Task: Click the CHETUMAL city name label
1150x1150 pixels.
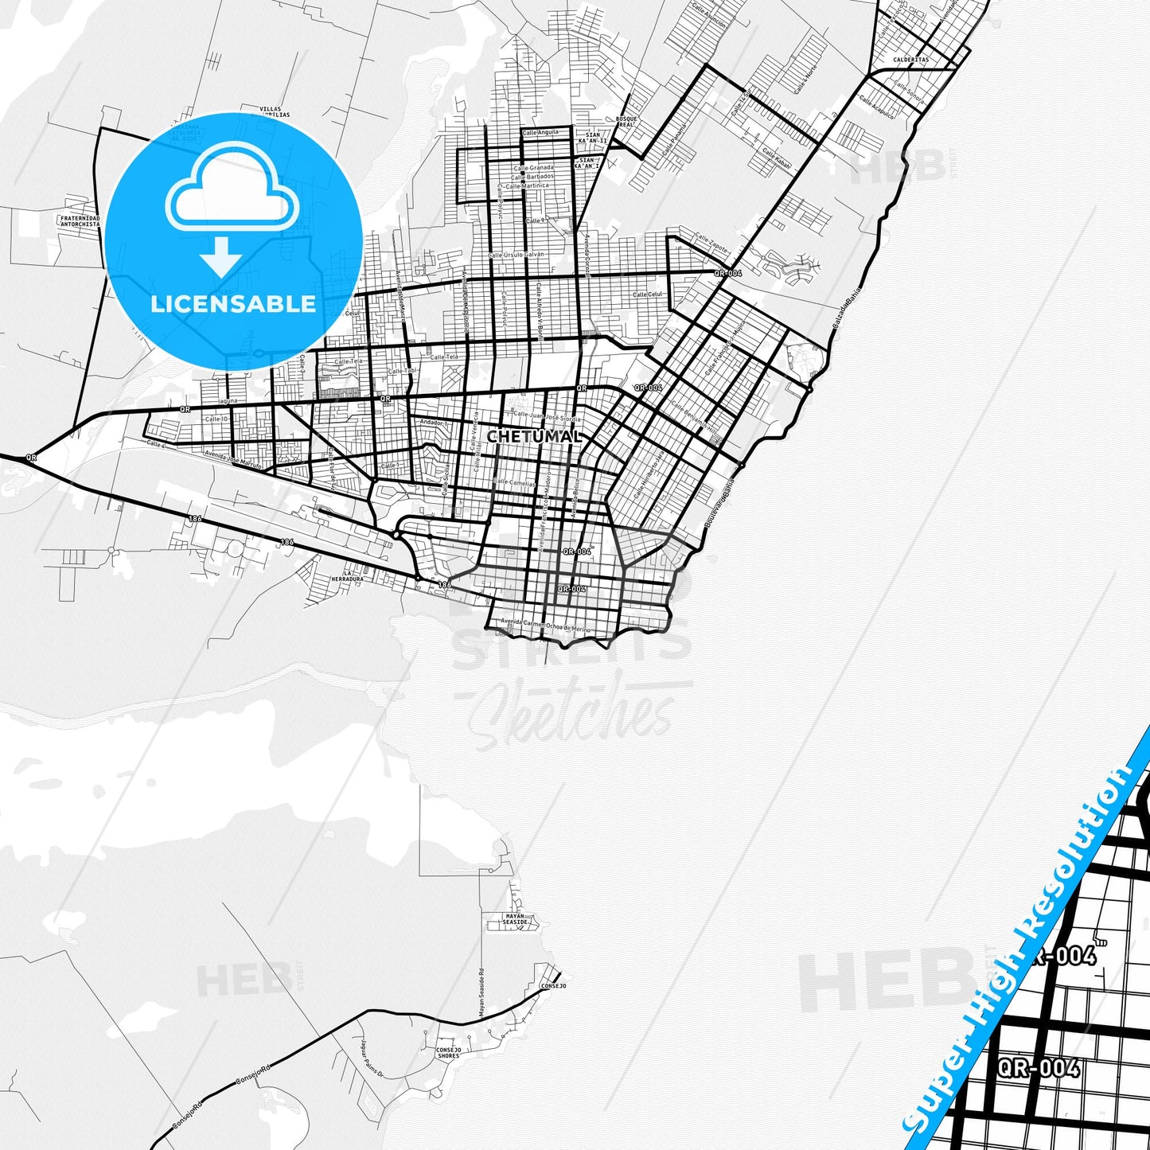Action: coord(534,437)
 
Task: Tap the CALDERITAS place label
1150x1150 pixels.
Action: coord(910,60)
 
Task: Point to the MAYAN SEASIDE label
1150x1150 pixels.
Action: coord(516,919)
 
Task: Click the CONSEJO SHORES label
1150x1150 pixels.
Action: coord(448,1053)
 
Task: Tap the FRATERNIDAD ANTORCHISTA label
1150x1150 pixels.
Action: coord(80,221)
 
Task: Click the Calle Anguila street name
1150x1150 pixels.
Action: coord(540,132)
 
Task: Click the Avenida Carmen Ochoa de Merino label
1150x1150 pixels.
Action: coord(546,626)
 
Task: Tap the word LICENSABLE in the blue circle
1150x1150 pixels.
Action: coord(233,304)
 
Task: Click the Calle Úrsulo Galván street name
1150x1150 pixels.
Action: coord(517,255)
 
